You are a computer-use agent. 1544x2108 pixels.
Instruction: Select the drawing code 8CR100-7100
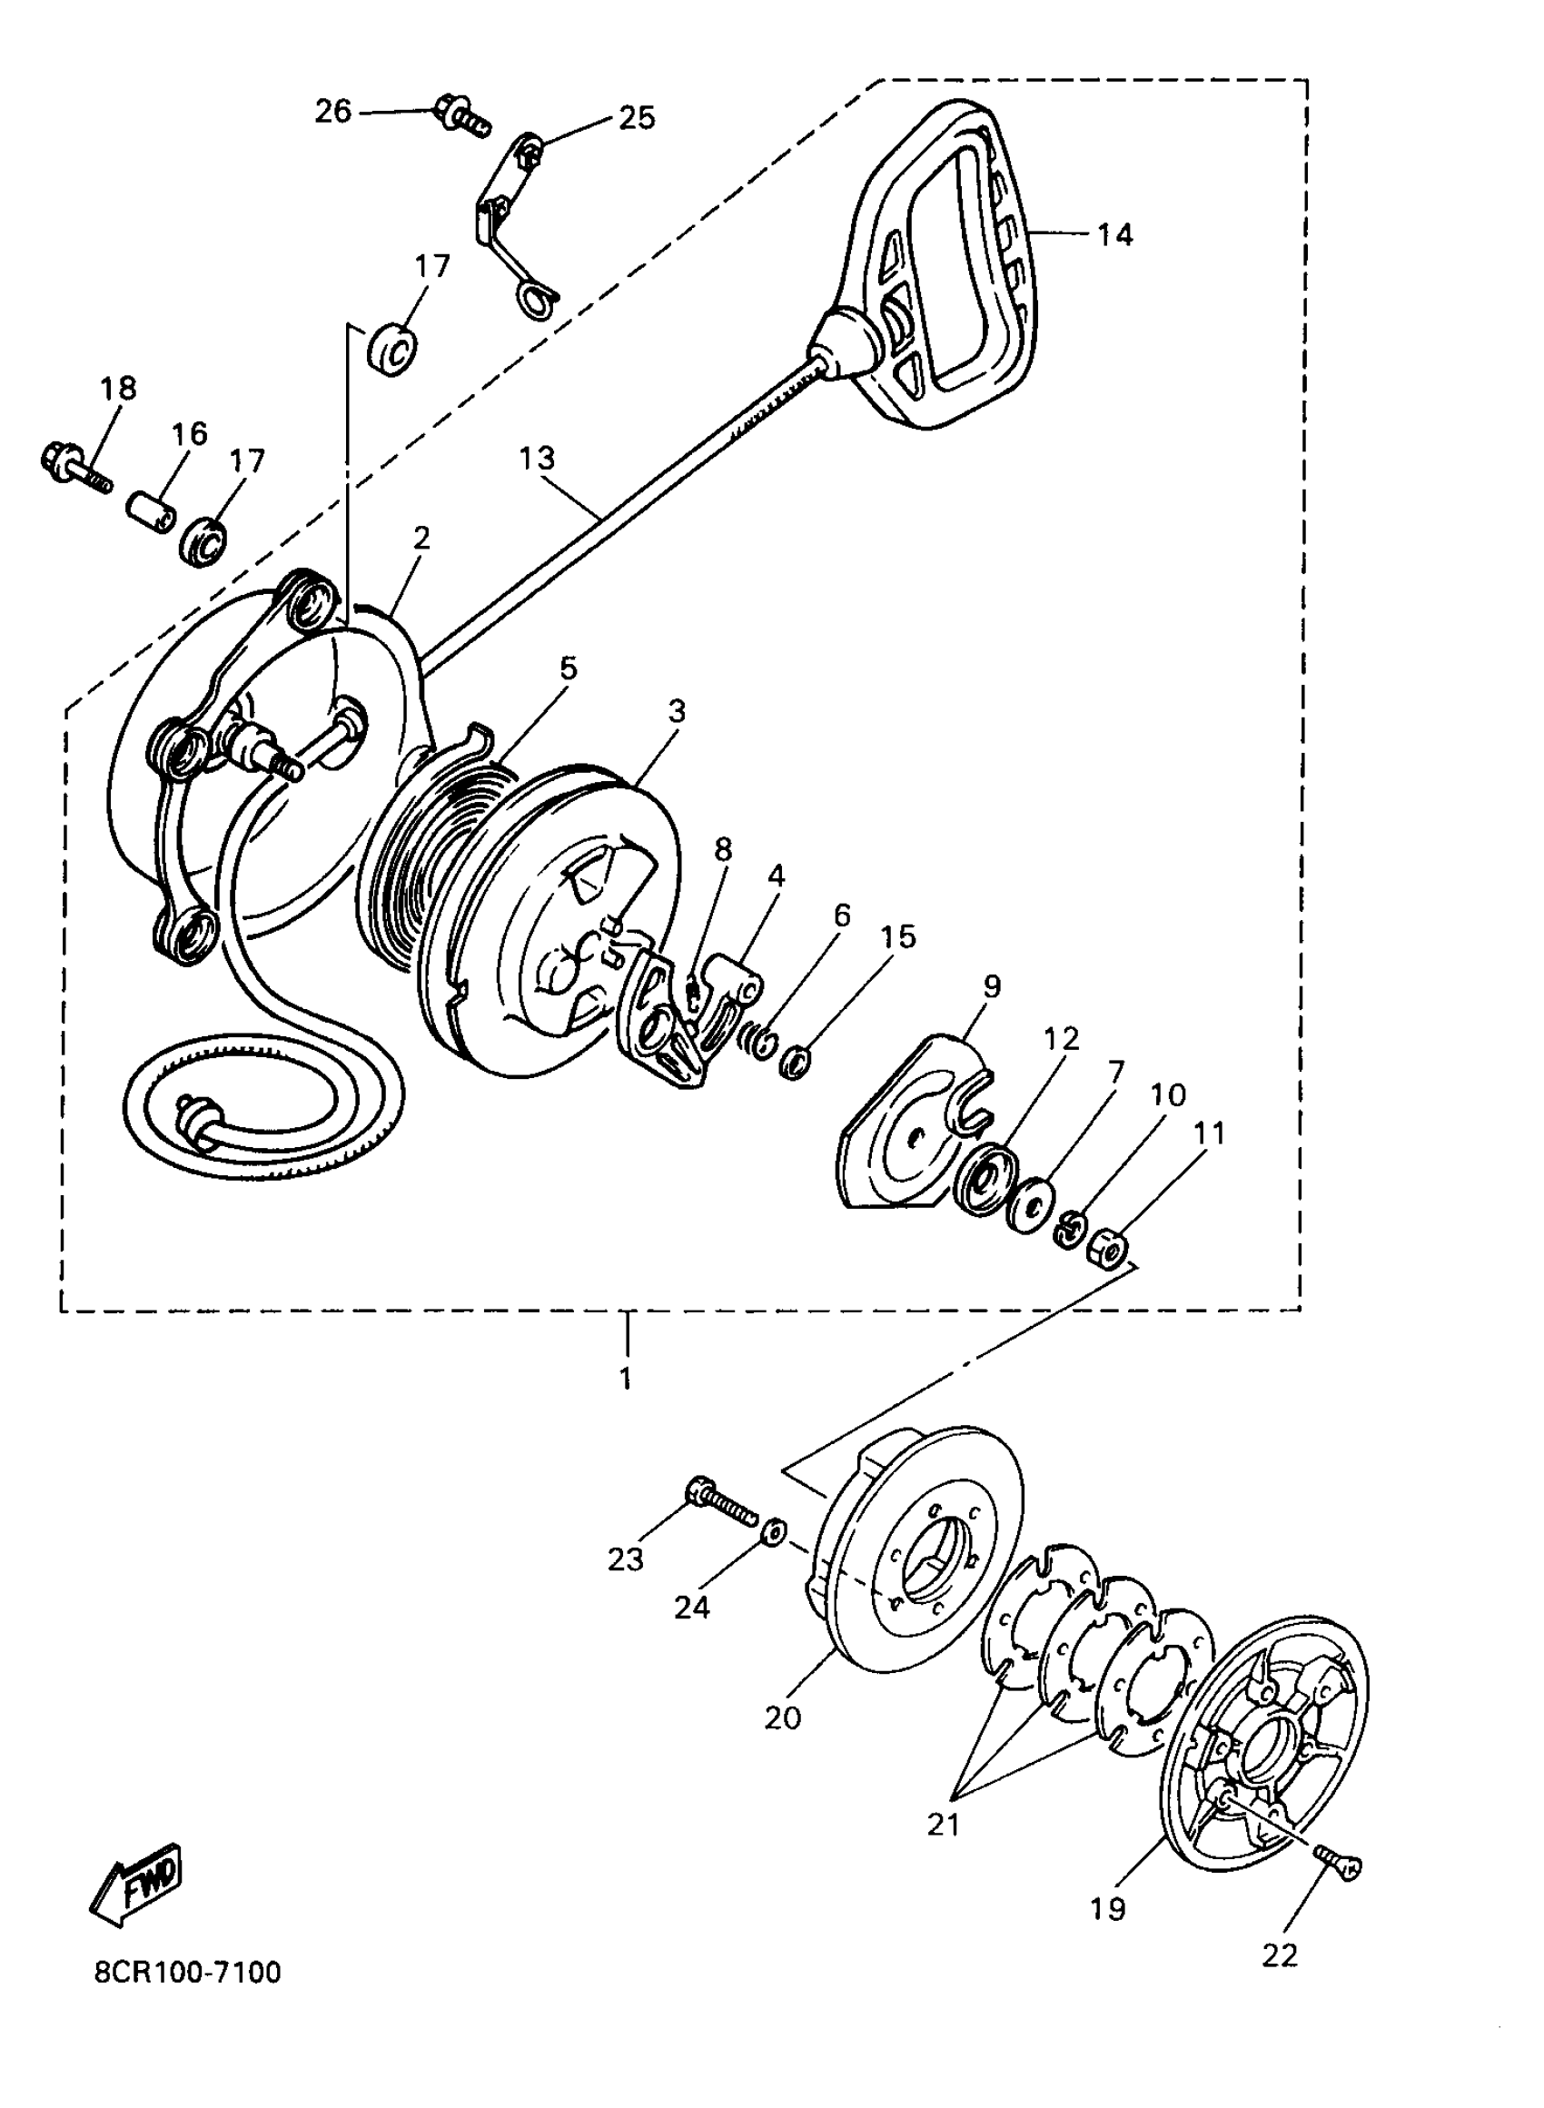[187, 1973]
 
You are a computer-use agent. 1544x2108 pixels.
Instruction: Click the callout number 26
[332, 111]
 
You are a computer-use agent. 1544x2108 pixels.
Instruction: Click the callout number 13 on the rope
[537, 458]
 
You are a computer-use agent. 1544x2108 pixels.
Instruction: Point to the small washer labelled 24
[773, 1533]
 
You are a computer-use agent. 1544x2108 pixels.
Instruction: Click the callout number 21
[943, 1823]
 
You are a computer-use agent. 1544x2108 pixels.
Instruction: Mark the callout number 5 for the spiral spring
[569, 668]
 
